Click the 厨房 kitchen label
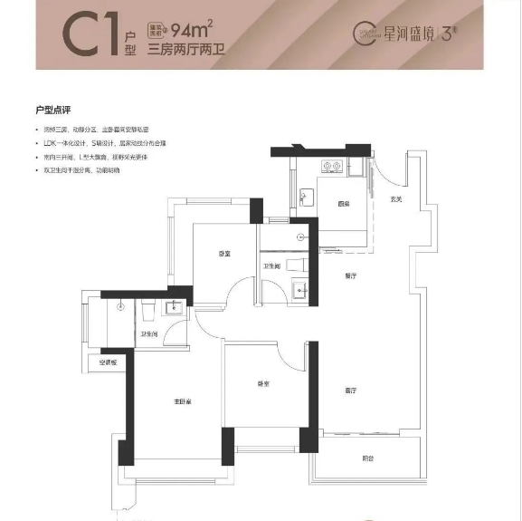pyautogui.click(x=344, y=204)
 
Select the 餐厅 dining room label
pyautogui.click(x=348, y=275)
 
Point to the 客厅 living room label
pyautogui.click(x=349, y=390)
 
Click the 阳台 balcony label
pyautogui.click(x=367, y=458)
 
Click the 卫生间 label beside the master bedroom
pyautogui.click(x=149, y=334)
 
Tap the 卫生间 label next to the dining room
pyautogui.click(x=270, y=265)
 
